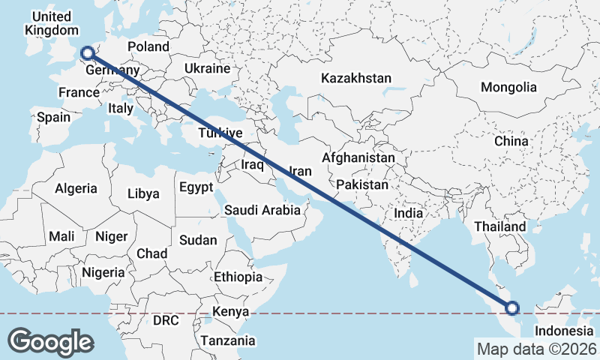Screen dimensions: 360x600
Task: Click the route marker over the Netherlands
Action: (87, 52)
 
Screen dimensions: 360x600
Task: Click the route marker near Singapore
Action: (512, 307)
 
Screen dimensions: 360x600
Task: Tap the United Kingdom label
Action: (52, 23)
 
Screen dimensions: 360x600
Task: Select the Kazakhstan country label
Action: (356, 78)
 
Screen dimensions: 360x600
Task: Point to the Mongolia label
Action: (509, 87)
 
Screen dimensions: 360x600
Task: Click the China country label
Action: (511, 140)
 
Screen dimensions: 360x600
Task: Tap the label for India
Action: (409, 213)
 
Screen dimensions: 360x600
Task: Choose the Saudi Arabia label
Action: (262, 211)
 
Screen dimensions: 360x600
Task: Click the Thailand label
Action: (500, 226)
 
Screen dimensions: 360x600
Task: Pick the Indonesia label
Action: (563, 331)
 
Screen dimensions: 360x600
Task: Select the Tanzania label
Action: (227, 340)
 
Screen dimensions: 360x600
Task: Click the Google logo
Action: (50, 341)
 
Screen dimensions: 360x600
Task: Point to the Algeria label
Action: (76, 188)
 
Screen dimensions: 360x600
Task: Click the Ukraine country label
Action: (208, 68)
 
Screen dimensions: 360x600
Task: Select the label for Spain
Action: (53, 117)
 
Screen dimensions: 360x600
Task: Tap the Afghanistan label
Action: (358, 158)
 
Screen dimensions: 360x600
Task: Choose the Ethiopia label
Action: (238, 277)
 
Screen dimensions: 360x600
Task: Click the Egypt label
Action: (196, 187)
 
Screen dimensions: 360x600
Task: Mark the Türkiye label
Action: (220, 133)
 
